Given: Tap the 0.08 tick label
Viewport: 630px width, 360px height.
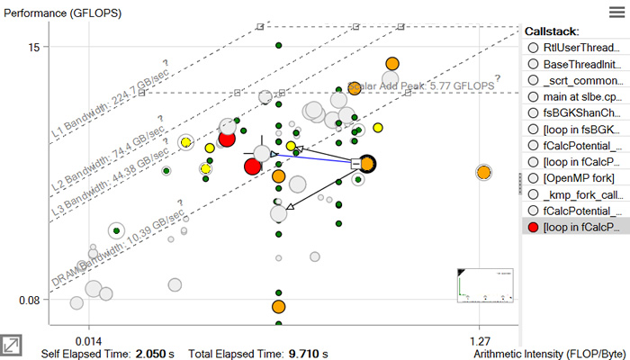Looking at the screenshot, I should click(29, 300).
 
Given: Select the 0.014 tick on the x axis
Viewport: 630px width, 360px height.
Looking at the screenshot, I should click(88, 340).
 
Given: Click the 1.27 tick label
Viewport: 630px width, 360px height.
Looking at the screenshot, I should click(480, 340).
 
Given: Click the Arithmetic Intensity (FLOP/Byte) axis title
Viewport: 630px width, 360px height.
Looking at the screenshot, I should click(549, 353).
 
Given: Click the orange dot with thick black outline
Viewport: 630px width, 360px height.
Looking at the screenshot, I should click(367, 164).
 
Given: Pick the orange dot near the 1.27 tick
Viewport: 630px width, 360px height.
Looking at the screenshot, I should click(483, 172).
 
